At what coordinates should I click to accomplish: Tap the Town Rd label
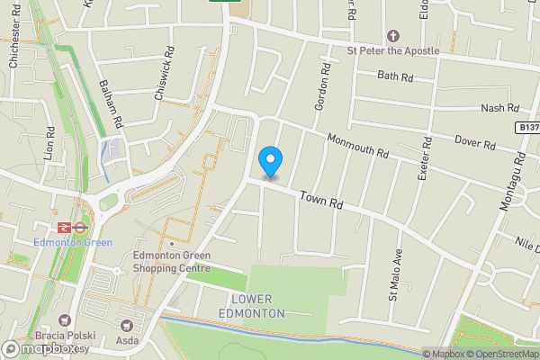322,200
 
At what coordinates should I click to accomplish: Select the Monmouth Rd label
358,146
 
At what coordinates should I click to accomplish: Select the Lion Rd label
50,142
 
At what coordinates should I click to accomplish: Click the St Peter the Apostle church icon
392,36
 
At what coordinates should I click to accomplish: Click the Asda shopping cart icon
126,324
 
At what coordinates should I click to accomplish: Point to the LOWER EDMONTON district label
252,306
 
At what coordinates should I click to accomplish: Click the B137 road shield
529,130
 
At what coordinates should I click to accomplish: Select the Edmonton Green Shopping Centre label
171,261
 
